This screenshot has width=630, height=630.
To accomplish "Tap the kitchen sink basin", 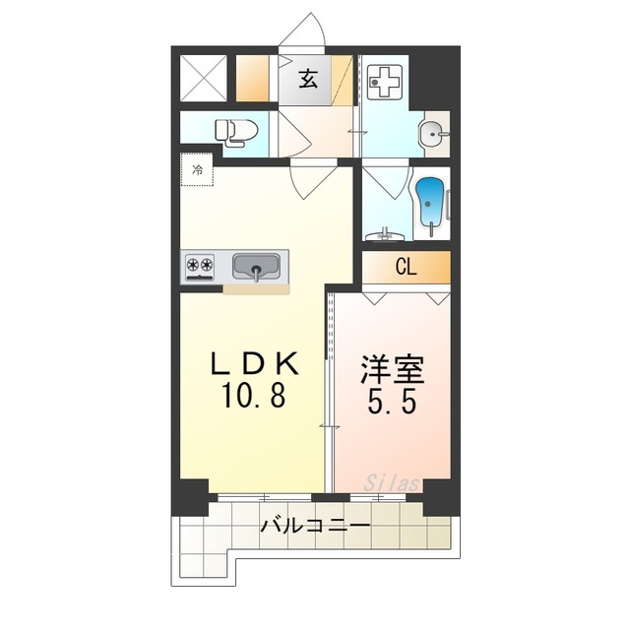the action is click(256, 267).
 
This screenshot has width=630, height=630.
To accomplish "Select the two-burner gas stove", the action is click(199, 267).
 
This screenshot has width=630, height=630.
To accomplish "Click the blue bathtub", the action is click(430, 205).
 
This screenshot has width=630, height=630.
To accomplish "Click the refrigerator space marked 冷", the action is click(197, 169).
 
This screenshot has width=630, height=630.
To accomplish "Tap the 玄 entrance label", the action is click(308, 79).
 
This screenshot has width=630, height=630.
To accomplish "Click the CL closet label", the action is click(406, 267).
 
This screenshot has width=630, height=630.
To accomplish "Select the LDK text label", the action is click(255, 363).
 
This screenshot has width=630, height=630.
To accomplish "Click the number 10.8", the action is click(253, 396).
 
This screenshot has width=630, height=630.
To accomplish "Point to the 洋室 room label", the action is click(392, 370).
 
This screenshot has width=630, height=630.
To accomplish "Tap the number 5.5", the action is click(391, 402).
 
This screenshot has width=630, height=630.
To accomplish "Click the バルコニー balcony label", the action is click(315, 526).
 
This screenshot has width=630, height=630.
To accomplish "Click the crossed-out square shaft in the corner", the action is click(204, 78).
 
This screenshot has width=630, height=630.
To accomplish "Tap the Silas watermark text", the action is click(392, 483).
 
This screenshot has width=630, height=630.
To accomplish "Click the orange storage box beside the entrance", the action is click(252, 78).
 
